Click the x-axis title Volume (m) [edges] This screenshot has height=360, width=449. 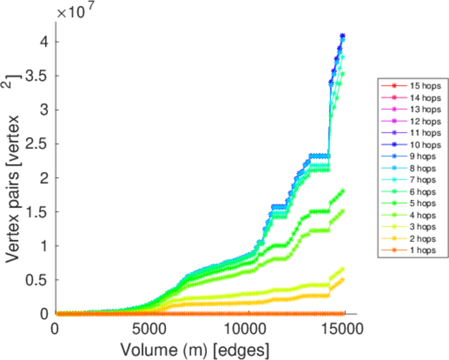(x=195, y=349)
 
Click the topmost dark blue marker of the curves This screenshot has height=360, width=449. (x=343, y=36)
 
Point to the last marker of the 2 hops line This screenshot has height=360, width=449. (x=343, y=279)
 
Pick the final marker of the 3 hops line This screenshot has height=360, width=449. (x=343, y=269)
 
